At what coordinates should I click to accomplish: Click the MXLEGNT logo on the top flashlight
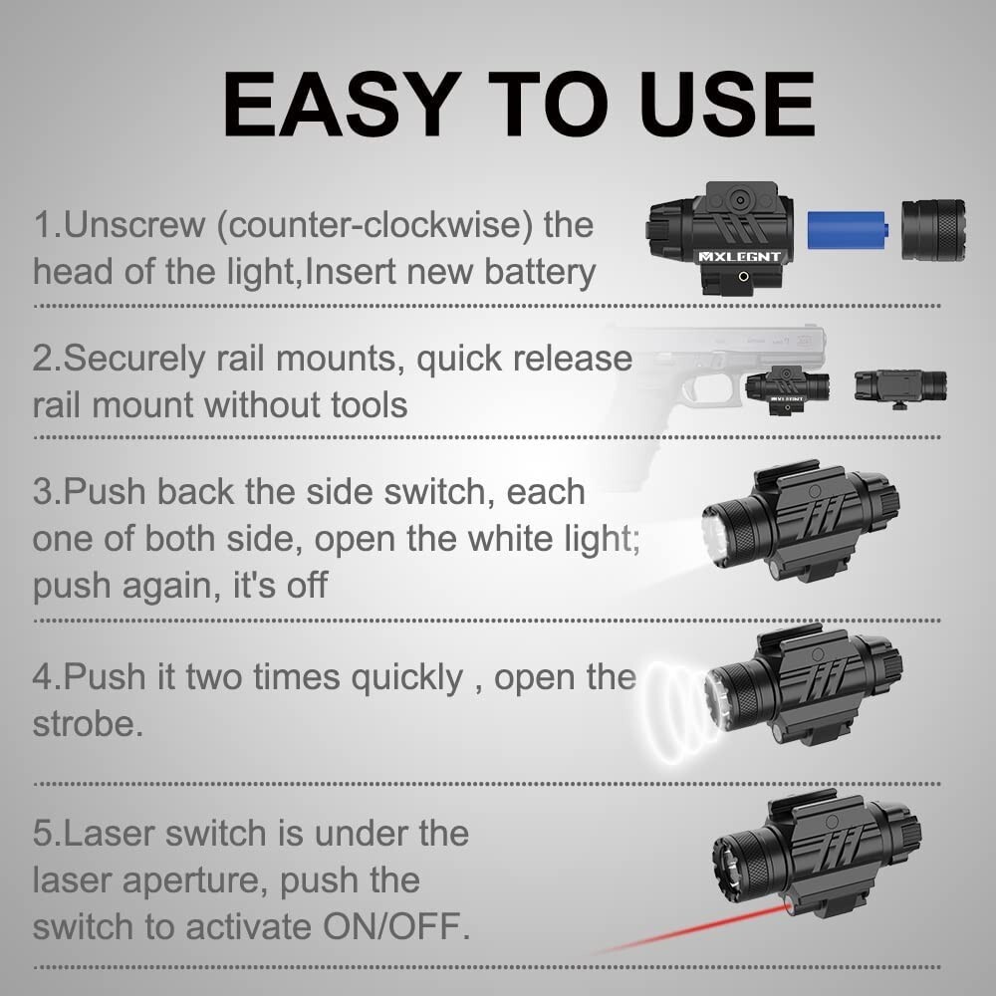tap(739, 256)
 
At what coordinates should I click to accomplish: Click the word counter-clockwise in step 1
tap(375, 224)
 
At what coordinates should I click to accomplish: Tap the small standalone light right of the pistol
tap(900, 385)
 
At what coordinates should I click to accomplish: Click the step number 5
tap(43, 834)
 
